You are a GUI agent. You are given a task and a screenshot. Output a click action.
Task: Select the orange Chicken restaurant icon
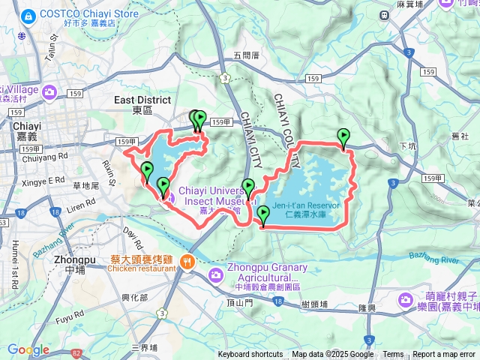(x=186, y=262)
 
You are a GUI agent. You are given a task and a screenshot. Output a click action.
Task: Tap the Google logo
(x=28, y=349)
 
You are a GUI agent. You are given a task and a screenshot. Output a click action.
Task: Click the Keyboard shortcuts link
(x=250, y=355)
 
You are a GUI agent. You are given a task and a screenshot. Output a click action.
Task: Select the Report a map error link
(x=445, y=355)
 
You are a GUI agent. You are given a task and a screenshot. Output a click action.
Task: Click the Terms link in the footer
(x=393, y=355)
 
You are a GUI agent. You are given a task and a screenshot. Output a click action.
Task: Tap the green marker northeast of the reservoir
(x=343, y=137)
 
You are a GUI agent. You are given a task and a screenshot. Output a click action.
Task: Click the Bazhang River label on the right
(x=433, y=259)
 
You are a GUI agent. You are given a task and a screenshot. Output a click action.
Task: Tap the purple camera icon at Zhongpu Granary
(x=215, y=274)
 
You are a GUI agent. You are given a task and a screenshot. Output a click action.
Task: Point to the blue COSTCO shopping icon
(x=28, y=15)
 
